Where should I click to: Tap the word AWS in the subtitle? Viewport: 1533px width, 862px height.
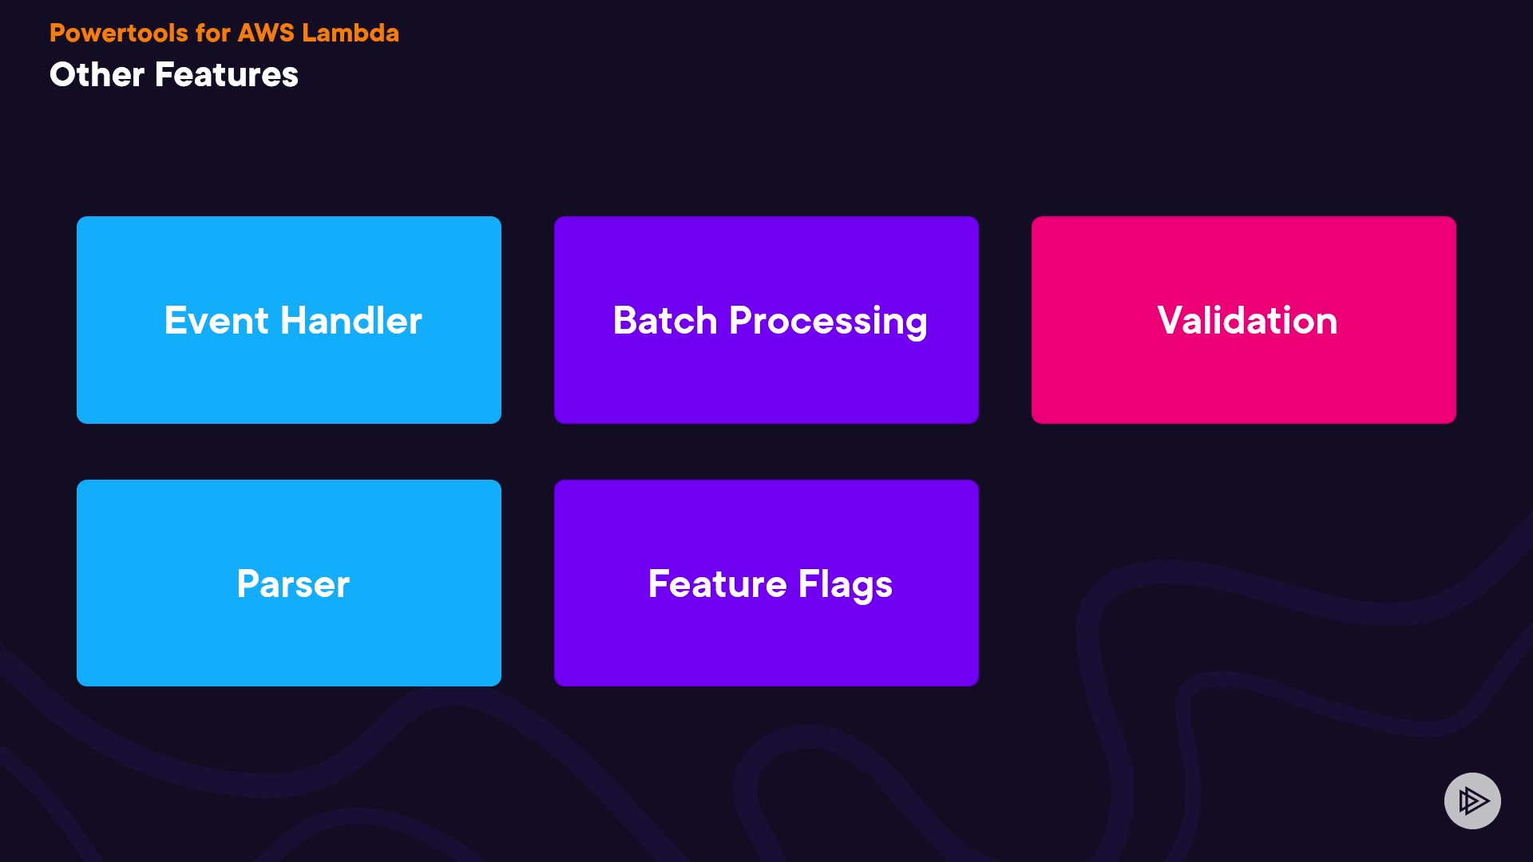click(x=266, y=33)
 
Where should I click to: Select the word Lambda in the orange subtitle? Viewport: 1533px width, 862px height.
click(x=351, y=33)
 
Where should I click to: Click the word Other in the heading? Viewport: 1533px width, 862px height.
click(x=97, y=74)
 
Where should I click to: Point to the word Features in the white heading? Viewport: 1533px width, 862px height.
click(x=227, y=74)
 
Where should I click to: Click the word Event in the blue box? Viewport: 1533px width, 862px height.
click(x=216, y=320)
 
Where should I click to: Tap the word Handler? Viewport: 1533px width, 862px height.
click(x=351, y=320)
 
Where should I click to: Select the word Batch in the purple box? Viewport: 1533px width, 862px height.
click(x=665, y=320)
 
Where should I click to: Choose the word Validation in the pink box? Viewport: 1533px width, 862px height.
click(x=1247, y=320)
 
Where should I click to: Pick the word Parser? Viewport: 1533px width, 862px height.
click(x=293, y=583)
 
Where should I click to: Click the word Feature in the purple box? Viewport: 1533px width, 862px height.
click(x=718, y=583)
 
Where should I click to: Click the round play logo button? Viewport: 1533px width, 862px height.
click(x=1472, y=801)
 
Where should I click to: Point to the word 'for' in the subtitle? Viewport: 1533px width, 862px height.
click(x=213, y=33)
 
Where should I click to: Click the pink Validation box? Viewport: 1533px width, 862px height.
click(x=1244, y=320)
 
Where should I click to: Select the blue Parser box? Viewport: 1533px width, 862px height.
click(x=289, y=583)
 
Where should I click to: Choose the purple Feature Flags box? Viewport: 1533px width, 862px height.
click(x=766, y=583)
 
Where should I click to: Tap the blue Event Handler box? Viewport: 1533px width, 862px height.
click(x=289, y=320)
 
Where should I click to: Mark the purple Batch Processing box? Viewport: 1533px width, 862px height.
click(x=766, y=320)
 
